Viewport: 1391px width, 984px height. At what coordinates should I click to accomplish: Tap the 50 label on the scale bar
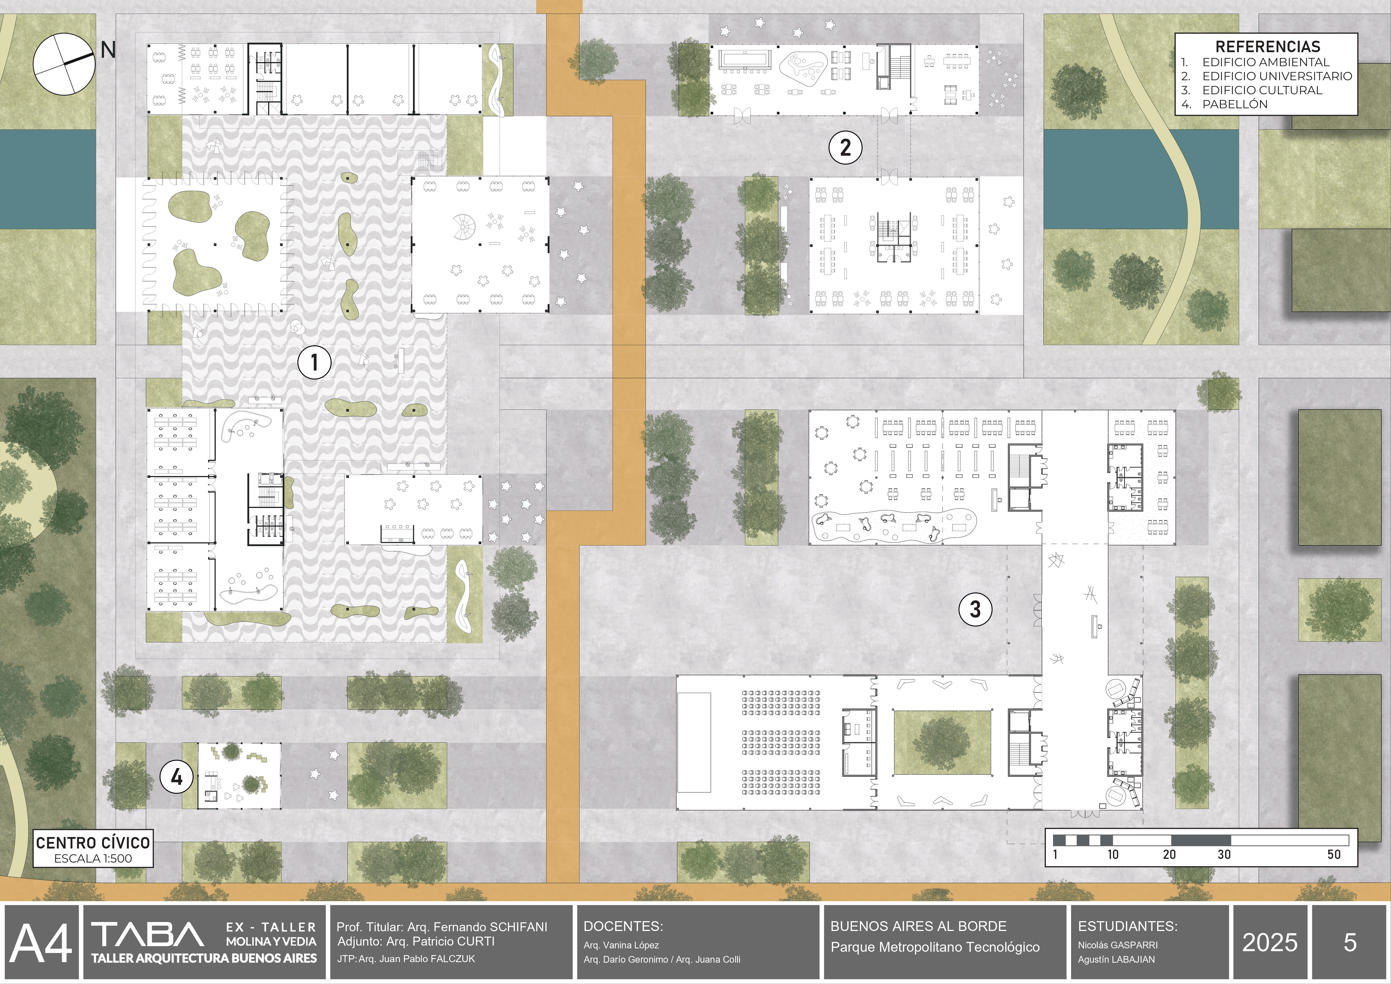[1334, 854]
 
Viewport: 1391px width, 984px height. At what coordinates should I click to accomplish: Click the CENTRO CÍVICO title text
[93, 842]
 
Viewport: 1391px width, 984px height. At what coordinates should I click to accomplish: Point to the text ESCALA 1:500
[93, 858]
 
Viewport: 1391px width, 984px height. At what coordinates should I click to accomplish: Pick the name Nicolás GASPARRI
[1117, 945]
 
